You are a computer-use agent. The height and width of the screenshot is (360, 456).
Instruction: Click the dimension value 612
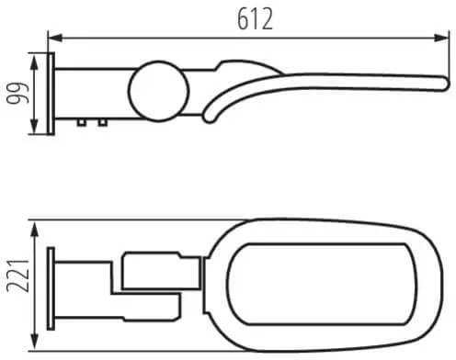[255, 18]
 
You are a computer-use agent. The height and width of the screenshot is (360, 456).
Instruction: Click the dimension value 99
[18, 94]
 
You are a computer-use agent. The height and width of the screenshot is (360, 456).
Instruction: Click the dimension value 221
[18, 276]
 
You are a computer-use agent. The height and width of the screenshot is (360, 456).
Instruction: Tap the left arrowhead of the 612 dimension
[55, 38]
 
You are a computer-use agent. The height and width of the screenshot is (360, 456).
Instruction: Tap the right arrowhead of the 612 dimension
[441, 38]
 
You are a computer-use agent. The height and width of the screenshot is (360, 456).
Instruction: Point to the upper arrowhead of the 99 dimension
[35, 62]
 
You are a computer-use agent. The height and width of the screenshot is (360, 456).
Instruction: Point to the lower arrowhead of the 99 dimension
[35, 127]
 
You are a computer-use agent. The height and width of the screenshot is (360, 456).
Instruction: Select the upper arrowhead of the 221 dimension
[35, 229]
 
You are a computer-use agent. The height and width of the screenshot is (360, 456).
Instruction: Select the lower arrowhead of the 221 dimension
[35, 342]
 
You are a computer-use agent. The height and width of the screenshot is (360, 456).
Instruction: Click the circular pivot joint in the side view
[158, 91]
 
